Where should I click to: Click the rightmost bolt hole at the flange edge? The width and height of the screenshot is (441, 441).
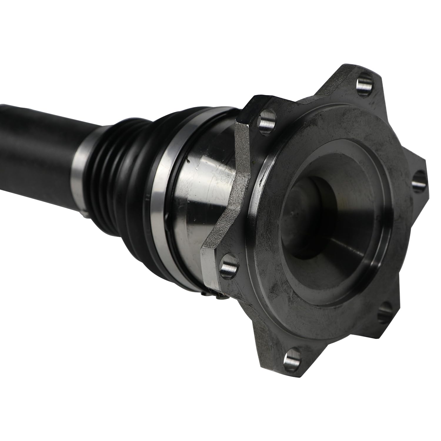click(417, 180)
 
